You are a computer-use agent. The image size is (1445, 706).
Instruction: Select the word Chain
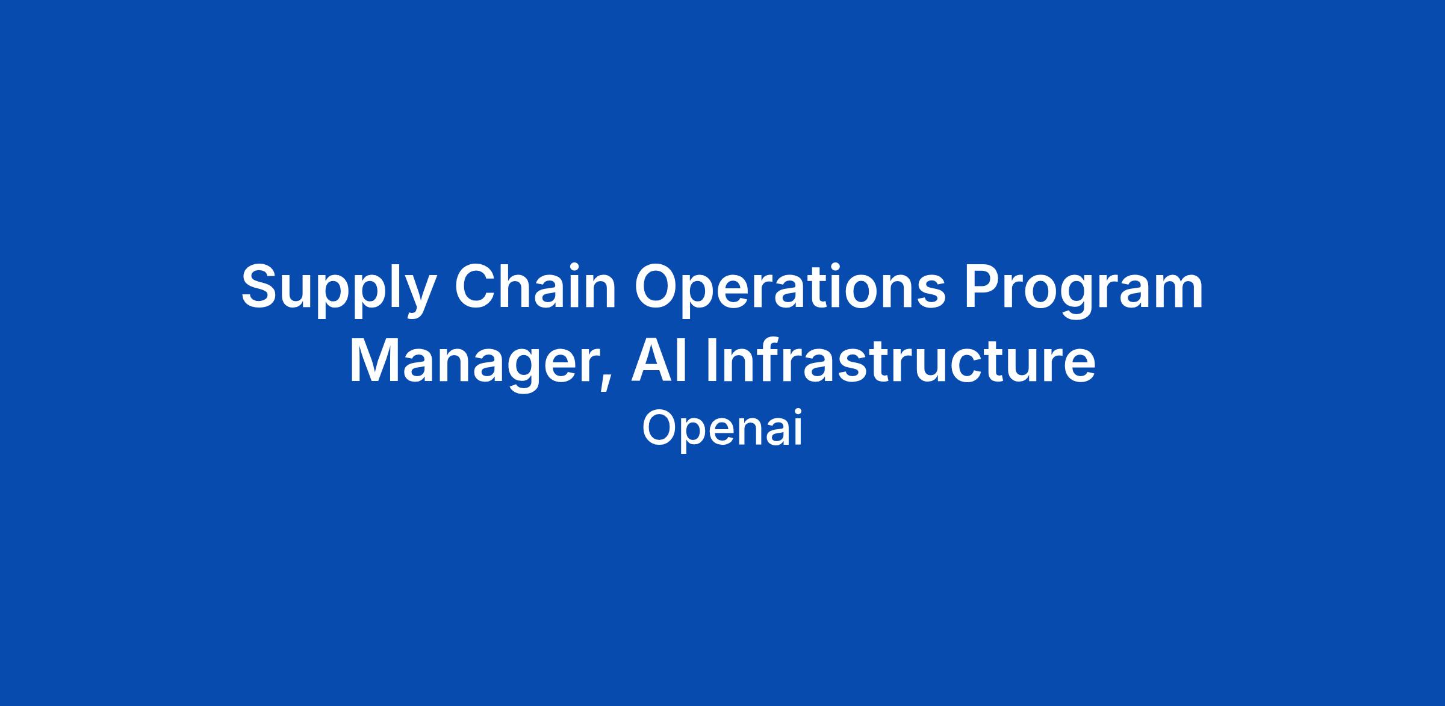pos(536,285)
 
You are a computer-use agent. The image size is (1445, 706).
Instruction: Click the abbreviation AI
pos(658,361)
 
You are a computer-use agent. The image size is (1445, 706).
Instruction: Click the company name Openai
pos(722,429)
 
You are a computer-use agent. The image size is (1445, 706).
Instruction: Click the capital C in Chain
pos(476,286)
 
